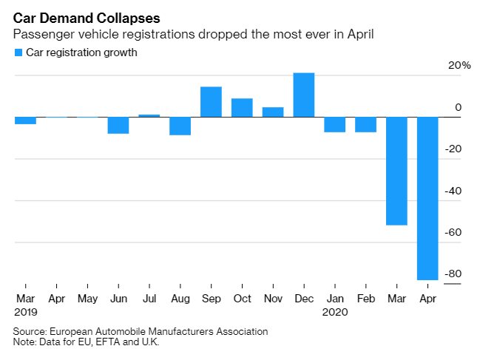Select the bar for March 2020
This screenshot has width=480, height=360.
(x=396, y=171)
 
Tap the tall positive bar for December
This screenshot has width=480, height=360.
(x=304, y=95)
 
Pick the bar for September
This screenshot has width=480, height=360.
(x=211, y=102)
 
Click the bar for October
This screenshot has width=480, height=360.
(x=242, y=107)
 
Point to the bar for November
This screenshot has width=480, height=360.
(x=273, y=112)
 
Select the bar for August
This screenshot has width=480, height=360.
(x=180, y=126)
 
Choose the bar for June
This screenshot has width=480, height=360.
(x=118, y=125)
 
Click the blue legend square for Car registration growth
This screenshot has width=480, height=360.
(x=18, y=52)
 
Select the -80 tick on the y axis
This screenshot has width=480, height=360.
(x=453, y=274)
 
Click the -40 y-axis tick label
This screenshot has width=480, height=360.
(x=453, y=191)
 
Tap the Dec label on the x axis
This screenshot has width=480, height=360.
(x=304, y=299)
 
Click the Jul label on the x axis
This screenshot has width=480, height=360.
(x=149, y=299)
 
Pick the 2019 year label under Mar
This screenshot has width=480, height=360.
(x=25, y=312)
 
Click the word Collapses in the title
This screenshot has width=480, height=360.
(x=130, y=16)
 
